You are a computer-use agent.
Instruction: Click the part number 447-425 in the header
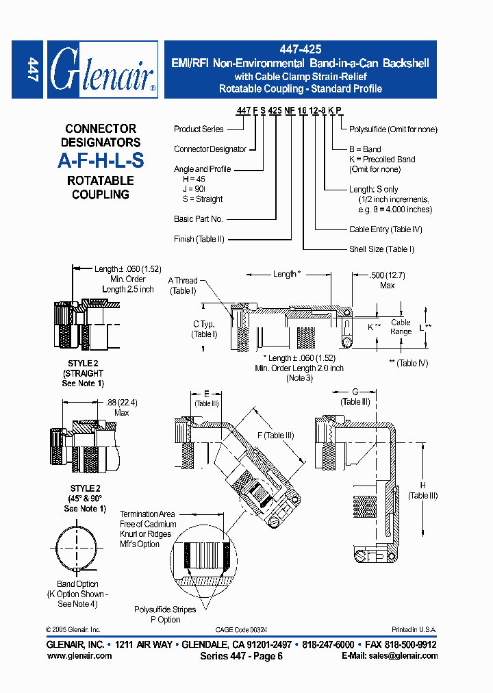click(x=300, y=50)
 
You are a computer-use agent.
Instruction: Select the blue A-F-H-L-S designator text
click(x=101, y=161)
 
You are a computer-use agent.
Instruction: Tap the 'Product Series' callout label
click(x=199, y=129)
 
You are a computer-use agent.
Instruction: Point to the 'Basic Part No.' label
click(x=199, y=219)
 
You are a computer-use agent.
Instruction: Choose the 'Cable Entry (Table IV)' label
click(x=385, y=229)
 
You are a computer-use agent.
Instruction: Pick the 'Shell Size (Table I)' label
click(x=381, y=249)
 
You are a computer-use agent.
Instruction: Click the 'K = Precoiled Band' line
click(x=382, y=159)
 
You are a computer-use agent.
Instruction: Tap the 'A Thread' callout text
click(x=183, y=281)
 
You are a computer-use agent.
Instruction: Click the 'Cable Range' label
click(x=401, y=327)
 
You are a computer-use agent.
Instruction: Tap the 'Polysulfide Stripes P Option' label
click(x=165, y=614)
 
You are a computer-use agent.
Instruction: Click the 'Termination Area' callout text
click(x=147, y=514)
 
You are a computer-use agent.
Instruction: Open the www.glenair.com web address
click(x=79, y=655)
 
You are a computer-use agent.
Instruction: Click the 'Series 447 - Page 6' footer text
click(x=241, y=656)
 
